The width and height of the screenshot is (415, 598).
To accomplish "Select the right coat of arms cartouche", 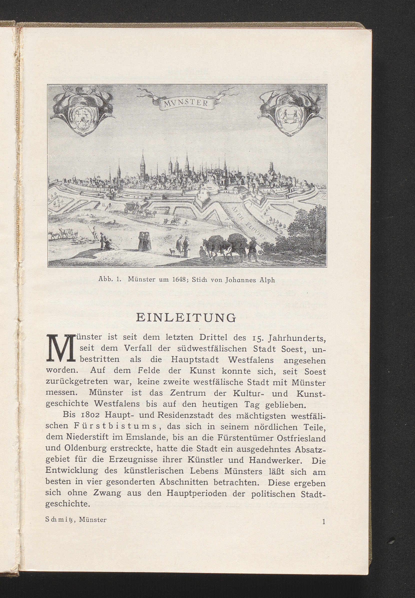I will point(290,112).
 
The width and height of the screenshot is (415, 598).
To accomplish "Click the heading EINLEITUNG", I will point(186,318).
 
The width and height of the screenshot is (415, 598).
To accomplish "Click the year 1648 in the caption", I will point(178,280).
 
